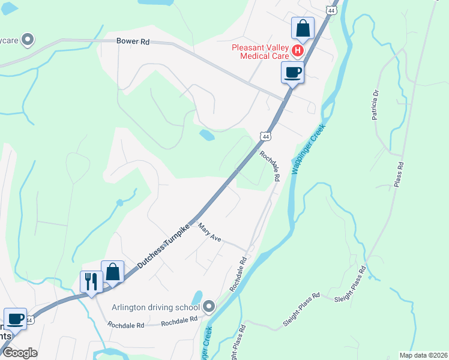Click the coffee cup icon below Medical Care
click(x=292, y=73)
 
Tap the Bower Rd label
click(x=133, y=42)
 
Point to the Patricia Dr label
click(x=376, y=106)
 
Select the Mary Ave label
click(x=209, y=233)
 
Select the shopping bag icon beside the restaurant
click(x=112, y=272)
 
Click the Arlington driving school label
click(x=155, y=308)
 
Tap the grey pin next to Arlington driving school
click(x=209, y=307)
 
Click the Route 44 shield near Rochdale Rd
click(x=265, y=137)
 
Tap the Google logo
click(x=20, y=353)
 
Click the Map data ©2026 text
click(x=423, y=355)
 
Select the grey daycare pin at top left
click(x=26, y=40)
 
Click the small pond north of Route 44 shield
click(x=206, y=135)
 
